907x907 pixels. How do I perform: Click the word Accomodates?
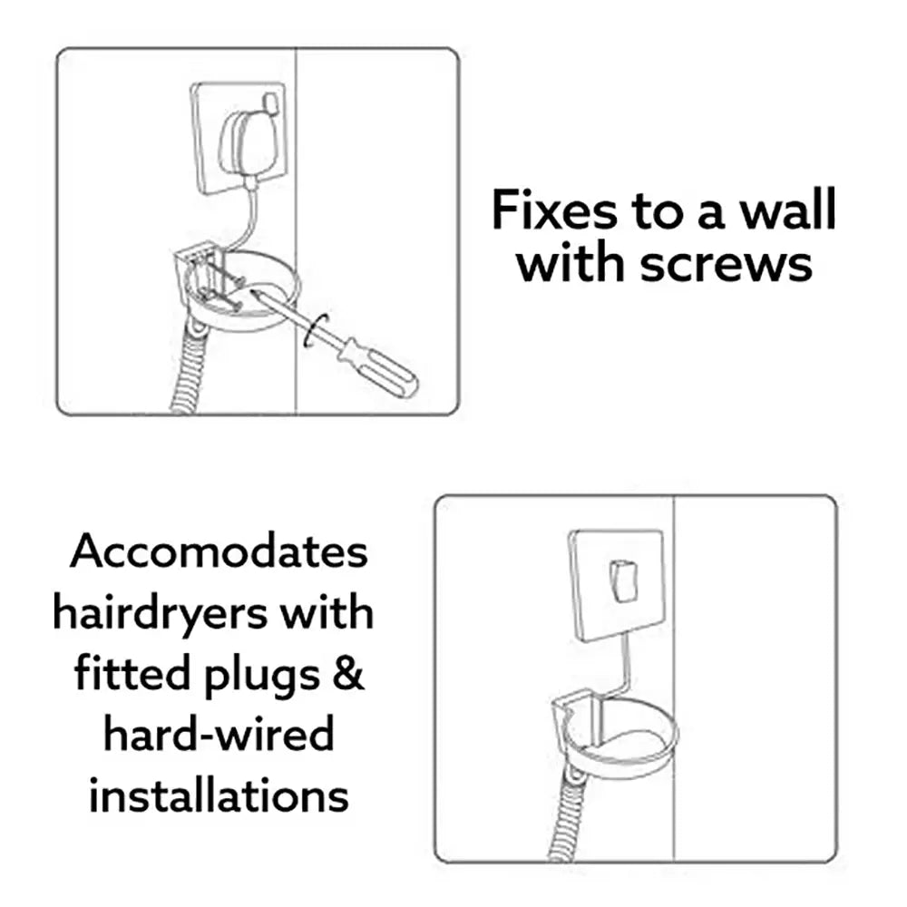(x=219, y=551)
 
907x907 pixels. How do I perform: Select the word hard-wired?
(x=218, y=736)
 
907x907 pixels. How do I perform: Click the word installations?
(x=219, y=796)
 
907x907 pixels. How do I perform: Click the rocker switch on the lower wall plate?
(x=623, y=580)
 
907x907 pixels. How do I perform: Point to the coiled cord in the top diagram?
(x=187, y=372)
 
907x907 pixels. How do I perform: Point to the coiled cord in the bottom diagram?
(x=571, y=816)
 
